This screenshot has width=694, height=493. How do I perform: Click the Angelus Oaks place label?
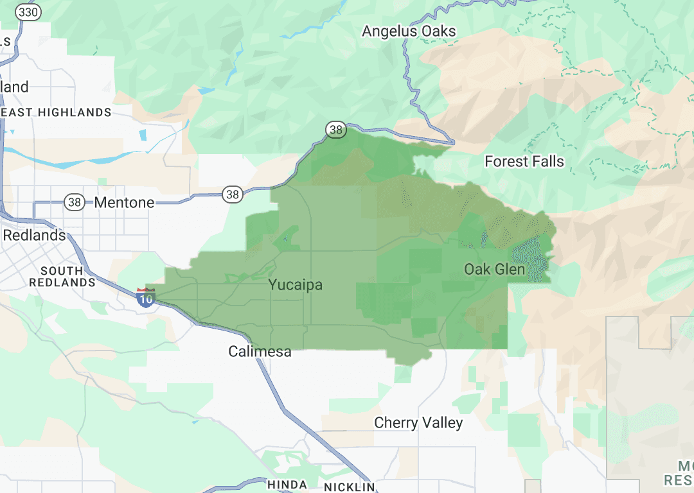pos(409,31)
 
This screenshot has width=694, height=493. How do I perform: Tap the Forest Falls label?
pos(524,162)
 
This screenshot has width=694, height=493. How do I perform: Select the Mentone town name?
pos(124,203)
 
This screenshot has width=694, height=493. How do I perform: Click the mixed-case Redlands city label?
pos(35,236)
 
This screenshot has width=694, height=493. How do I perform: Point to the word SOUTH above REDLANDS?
pos(62,271)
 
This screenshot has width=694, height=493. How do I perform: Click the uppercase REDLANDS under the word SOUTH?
pos(62,282)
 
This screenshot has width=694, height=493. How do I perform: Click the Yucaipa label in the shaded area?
pos(295,285)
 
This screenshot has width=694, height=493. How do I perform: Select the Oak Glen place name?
pos(495,270)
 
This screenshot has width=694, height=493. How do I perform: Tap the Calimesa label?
pos(260,352)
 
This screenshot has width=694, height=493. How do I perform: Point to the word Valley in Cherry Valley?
pos(441,423)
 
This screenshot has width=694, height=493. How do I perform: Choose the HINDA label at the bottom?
pos(288,485)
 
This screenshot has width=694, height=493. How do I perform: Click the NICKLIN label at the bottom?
pos(349,487)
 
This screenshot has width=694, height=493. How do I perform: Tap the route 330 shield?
pos(29,12)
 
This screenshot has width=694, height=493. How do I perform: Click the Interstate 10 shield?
pos(146,298)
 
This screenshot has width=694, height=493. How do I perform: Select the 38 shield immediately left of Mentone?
pos(75,203)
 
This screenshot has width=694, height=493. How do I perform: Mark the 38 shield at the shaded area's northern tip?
pos(335,130)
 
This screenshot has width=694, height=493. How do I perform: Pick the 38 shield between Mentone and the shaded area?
pos(232,193)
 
